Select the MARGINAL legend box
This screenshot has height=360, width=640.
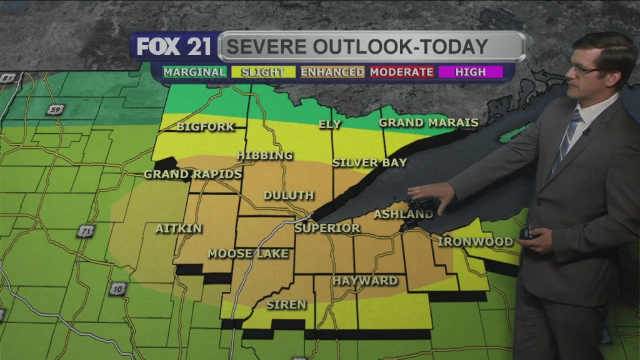tap(194, 72)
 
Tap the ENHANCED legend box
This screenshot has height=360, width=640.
tap(332, 72)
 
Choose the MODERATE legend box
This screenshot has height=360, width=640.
tap(401, 72)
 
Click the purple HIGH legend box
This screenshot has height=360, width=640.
tap(470, 72)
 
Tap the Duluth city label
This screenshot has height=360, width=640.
tap(288, 196)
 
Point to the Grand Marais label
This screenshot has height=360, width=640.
tap(428, 122)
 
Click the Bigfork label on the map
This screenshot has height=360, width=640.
tap(205, 127)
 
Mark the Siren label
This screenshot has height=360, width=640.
tap(286, 305)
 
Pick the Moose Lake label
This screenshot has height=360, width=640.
tap(247, 254)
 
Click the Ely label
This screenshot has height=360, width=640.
tap(329, 124)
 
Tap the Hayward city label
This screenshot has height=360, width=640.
tap(364, 281)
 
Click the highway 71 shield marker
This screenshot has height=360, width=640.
tap(86, 231)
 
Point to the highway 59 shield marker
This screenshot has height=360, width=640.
tap(56, 110)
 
